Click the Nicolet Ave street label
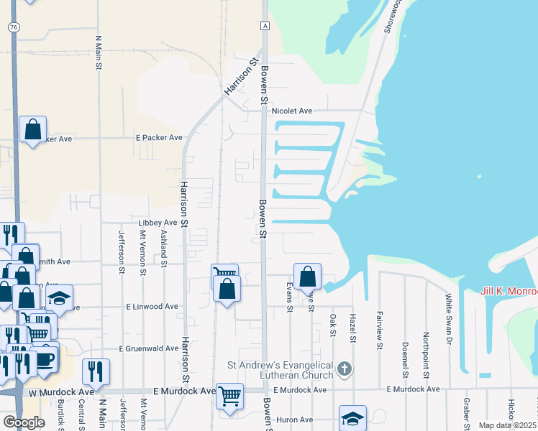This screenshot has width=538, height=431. click(x=292, y=111)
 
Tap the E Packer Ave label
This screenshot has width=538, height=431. click(x=159, y=138)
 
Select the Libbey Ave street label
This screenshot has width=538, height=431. click(x=152, y=223)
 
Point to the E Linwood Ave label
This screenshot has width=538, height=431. click(x=152, y=306)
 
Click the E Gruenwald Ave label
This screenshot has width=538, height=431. click(x=152, y=348)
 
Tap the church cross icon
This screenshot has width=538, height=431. click(x=345, y=370)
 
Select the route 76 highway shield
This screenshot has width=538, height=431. click(x=14, y=27)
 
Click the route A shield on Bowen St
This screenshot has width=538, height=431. click(x=265, y=26)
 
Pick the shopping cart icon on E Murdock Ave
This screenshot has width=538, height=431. click(x=229, y=394)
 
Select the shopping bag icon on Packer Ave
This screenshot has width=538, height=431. click(x=33, y=129)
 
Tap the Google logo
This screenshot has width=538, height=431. click(x=24, y=422)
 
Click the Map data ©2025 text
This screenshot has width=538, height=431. click(x=507, y=425)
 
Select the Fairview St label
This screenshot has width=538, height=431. click(x=379, y=330)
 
